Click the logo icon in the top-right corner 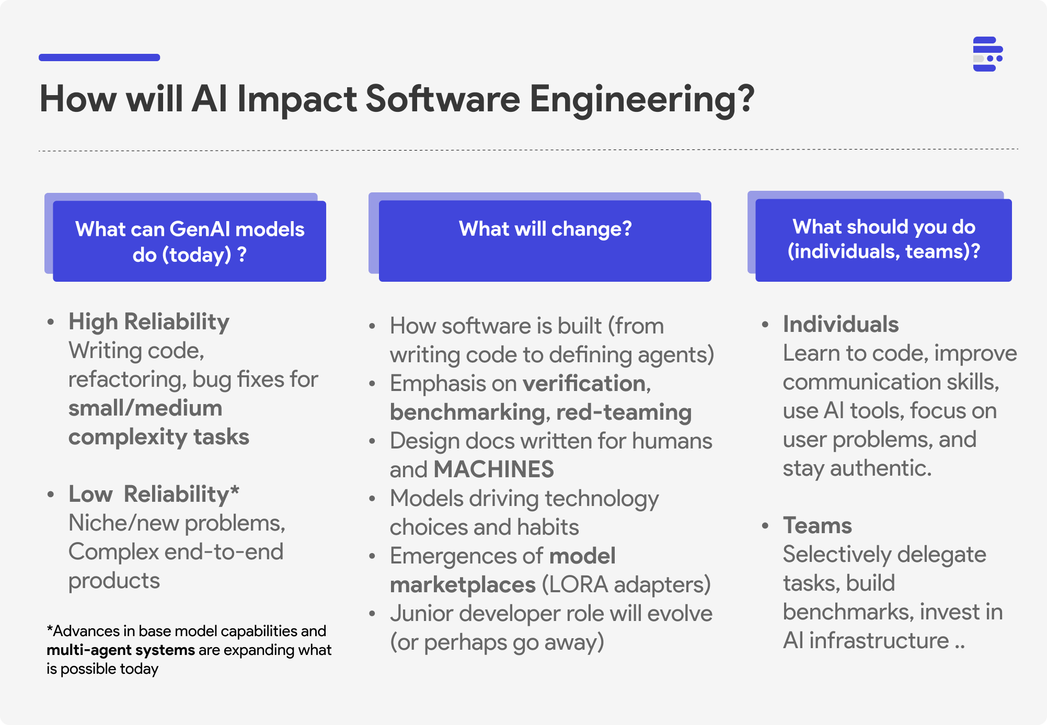[x=987, y=54]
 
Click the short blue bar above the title [x=99, y=57]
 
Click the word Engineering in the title [x=642, y=99]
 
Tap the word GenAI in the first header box [x=200, y=229]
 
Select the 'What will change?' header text [x=545, y=229]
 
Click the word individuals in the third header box [x=843, y=251]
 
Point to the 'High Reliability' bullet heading [x=149, y=321]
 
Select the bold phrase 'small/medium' [x=145, y=408]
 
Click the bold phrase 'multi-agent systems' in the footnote [x=121, y=650]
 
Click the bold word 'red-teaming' [x=624, y=412]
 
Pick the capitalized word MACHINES [x=493, y=469]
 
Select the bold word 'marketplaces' [x=463, y=584]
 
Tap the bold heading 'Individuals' [x=841, y=324]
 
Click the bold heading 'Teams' [x=818, y=525]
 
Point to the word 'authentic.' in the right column [x=881, y=468]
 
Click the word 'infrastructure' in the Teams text [x=879, y=640]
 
